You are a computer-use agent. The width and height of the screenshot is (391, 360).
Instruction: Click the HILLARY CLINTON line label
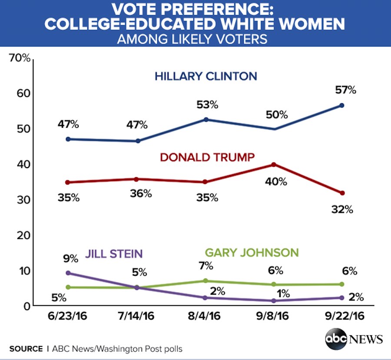click(x=206, y=76)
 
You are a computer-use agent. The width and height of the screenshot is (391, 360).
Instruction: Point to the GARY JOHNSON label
click(x=252, y=252)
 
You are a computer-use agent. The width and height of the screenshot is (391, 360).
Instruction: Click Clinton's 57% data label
click(x=346, y=90)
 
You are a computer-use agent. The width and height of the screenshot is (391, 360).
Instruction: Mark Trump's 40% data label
click(x=276, y=182)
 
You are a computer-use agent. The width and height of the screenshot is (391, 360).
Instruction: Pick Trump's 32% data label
click(x=342, y=210)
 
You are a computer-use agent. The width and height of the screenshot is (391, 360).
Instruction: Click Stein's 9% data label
click(x=70, y=260)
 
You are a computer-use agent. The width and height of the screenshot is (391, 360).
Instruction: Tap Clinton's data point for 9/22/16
click(x=342, y=106)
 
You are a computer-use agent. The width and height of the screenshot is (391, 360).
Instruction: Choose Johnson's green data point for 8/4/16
click(x=206, y=281)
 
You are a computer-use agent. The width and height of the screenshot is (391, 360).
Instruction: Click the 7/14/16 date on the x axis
click(x=137, y=316)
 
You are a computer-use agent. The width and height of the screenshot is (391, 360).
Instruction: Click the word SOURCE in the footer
click(x=26, y=349)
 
